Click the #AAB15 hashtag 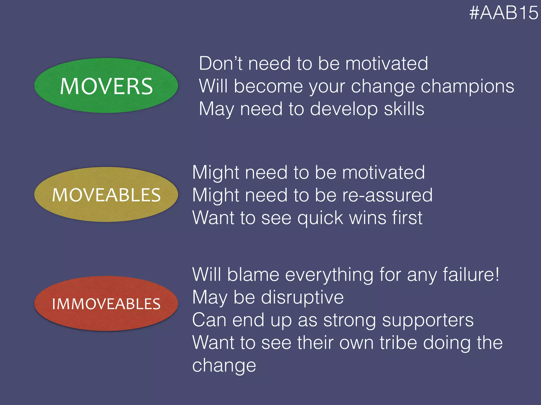(503, 13)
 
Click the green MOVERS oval (106, 85)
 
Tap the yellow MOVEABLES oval (106, 195)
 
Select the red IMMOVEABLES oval (106, 303)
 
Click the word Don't (220, 64)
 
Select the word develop (344, 109)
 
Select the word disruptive (302, 298)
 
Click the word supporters (428, 320)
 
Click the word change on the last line (224, 366)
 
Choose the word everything (329, 275)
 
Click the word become (268, 86)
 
